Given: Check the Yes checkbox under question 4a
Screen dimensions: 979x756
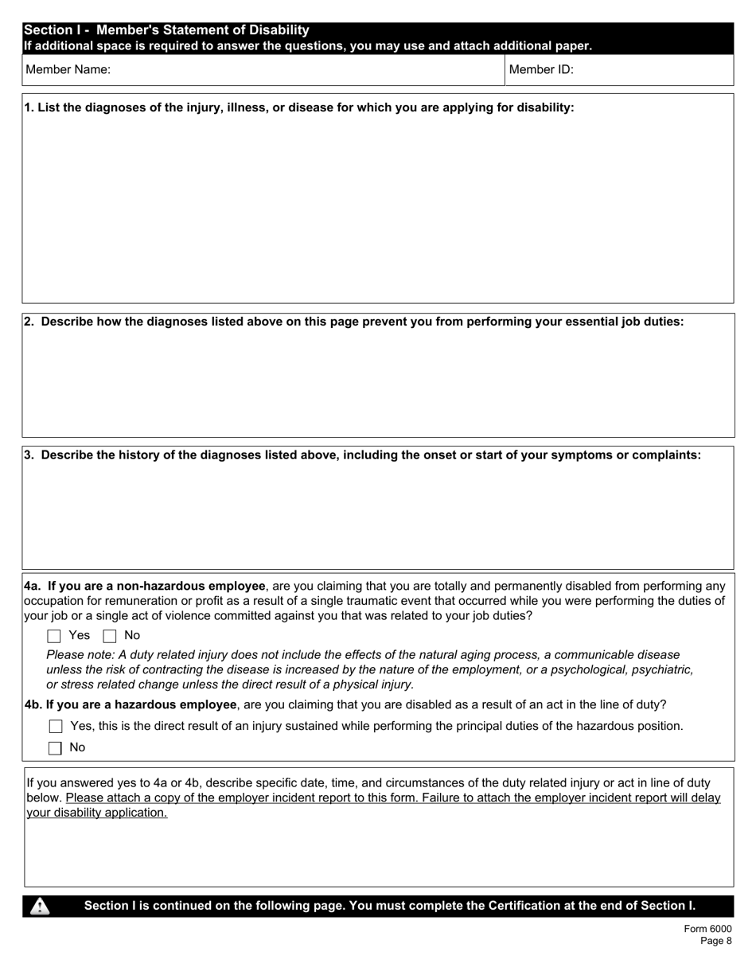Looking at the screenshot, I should [x=54, y=636].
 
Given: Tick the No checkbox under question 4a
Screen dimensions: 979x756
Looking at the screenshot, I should [x=110, y=636].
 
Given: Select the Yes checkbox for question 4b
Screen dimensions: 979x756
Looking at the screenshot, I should [x=56, y=727].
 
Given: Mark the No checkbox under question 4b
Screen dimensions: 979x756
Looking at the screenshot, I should [x=56, y=748].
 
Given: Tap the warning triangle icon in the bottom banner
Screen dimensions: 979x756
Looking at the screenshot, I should [x=40, y=907].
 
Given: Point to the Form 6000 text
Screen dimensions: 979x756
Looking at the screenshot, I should [x=707, y=929].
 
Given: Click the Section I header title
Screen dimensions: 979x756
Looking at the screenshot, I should [x=166, y=30].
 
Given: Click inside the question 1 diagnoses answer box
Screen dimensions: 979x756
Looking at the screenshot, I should [x=377, y=207].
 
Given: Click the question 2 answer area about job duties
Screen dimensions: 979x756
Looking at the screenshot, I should [x=377, y=382].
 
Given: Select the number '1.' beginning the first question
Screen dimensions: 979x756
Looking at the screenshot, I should [x=29, y=108].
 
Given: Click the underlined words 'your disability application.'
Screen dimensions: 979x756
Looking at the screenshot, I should [x=97, y=813].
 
